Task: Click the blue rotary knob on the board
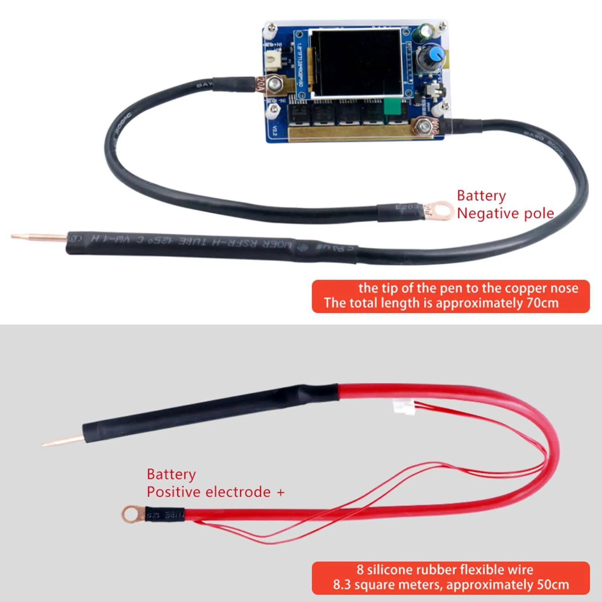tap(435, 55)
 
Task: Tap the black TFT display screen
tap(356, 62)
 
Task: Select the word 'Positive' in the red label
tap(171, 492)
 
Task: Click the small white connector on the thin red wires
tap(403, 407)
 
